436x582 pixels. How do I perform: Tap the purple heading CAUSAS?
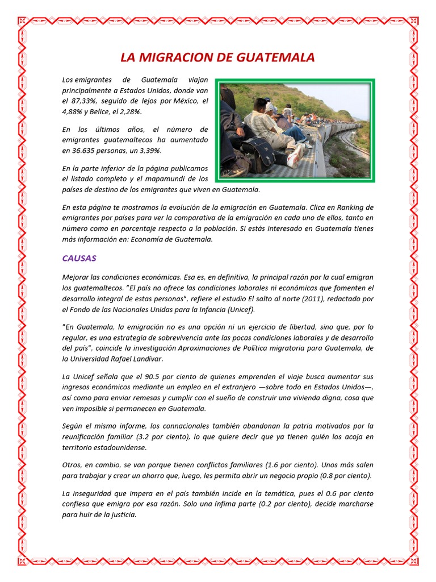click(x=79, y=258)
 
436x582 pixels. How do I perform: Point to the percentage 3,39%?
click(x=150, y=150)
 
